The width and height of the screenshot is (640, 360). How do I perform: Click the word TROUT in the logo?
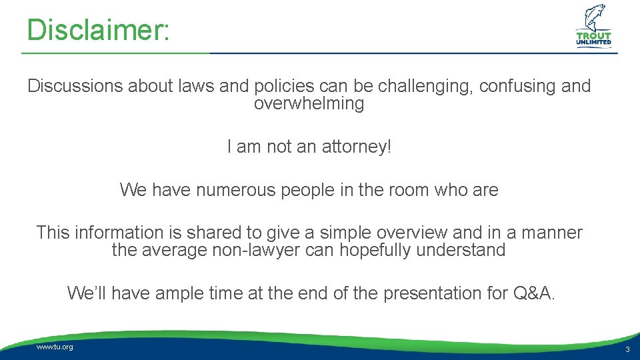click(594, 37)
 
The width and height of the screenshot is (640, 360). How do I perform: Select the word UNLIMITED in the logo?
click(594, 44)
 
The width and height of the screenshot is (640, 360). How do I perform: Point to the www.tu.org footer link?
click(55, 347)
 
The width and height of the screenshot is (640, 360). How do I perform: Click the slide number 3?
click(627, 350)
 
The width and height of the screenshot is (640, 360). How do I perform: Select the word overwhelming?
click(309, 104)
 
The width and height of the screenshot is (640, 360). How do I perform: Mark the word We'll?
click(86, 293)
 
